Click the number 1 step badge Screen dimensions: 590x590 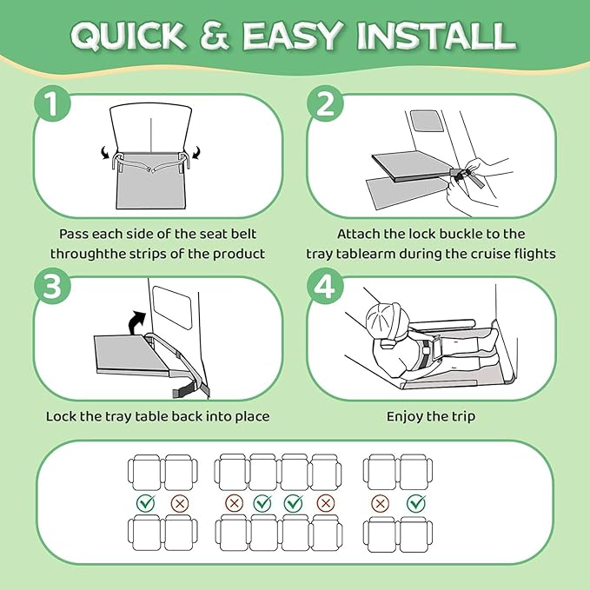[52, 103]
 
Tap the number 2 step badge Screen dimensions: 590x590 [325, 103]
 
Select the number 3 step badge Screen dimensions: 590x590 [52, 286]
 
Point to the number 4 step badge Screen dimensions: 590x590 [325, 286]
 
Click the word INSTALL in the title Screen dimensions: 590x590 [436, 36]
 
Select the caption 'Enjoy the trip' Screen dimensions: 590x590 [431, 416]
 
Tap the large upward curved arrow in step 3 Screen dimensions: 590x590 [136, 322]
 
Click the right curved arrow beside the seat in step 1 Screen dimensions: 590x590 [196, 153]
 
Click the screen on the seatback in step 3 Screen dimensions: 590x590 [172, 308]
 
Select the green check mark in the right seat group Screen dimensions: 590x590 [416, 503]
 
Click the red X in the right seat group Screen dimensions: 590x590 [380, 503]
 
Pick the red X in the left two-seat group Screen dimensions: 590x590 [180, 503]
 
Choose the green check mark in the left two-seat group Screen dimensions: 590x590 [146, 503]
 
